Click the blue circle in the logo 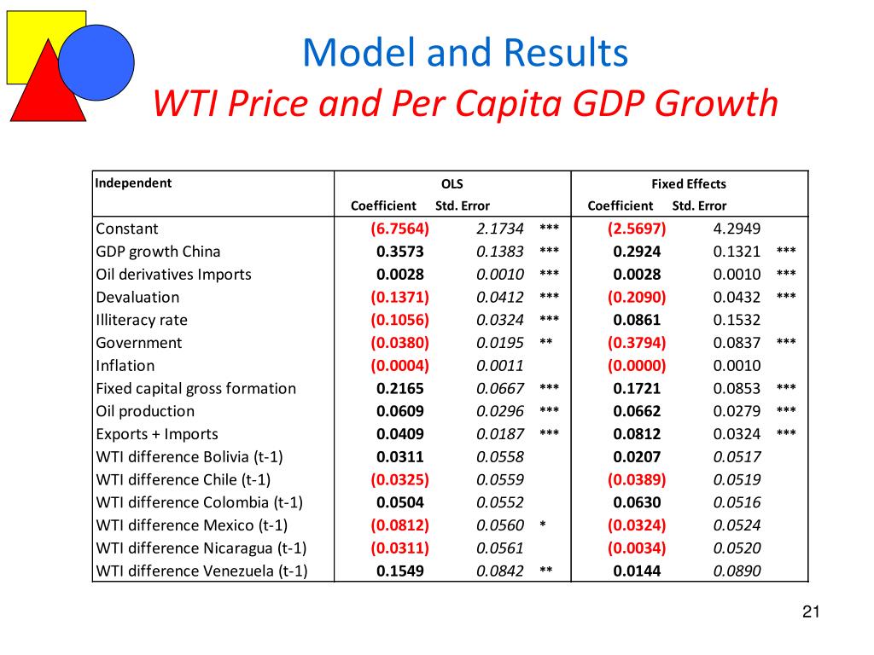click(96, 62)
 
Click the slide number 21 click(811, 612)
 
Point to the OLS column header click(452, 183)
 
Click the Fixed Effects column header click(688, 183)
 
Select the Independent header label click(133, 183)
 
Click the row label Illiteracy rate click(142, 320)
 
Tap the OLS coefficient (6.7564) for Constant click(400, 229)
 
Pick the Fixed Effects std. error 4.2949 click(737, 229)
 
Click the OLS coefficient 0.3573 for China click(400, 252)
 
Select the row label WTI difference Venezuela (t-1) click(201, 571)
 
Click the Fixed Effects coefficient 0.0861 click(637, 320)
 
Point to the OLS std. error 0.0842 click(499, 571)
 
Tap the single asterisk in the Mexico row click(543, 525)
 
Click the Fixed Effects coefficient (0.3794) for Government click(637, 343)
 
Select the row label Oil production click(145, 411)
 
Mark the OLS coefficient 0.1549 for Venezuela click(400, 571)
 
